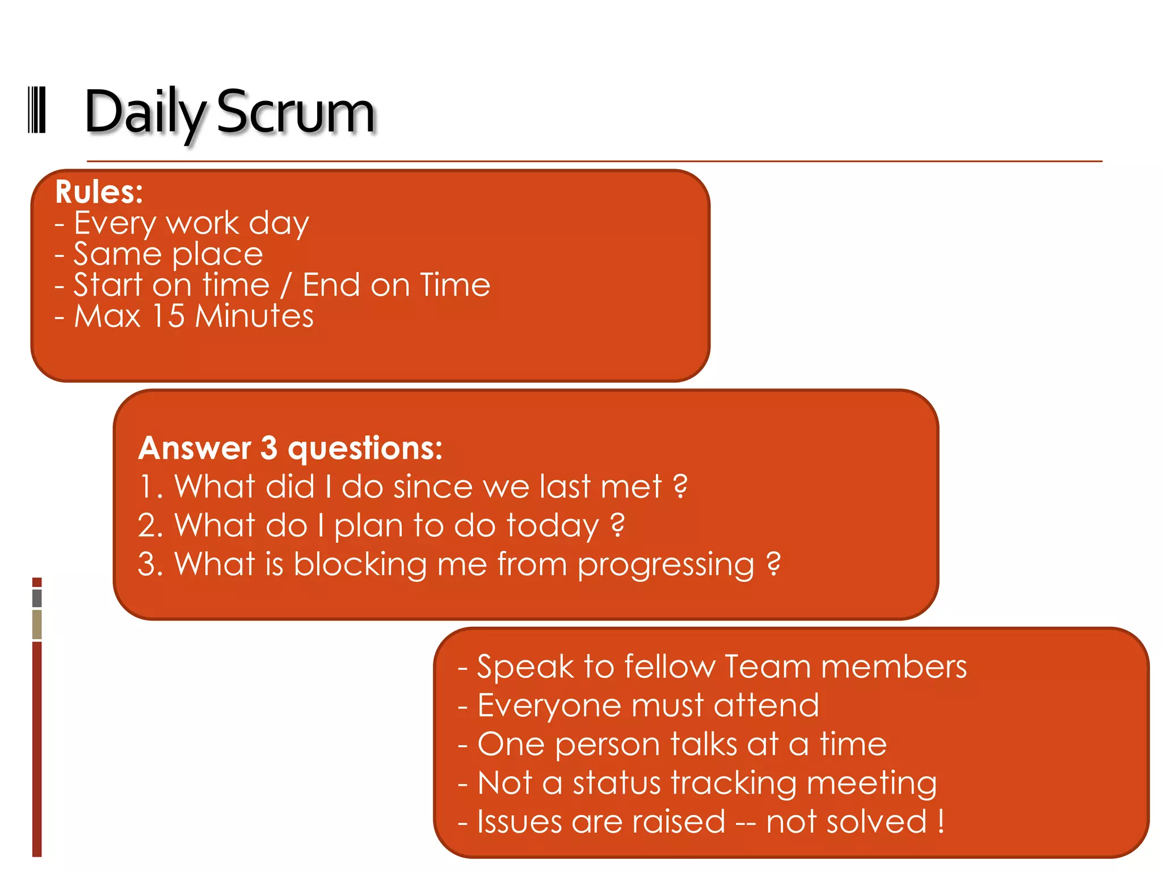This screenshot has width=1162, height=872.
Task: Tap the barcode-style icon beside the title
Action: point(37,110)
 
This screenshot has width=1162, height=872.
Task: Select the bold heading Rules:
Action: point(99,192)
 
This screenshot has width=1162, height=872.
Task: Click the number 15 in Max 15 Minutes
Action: point(169,316)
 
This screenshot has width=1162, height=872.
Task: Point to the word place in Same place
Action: point(217,254)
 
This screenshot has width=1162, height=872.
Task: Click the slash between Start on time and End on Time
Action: point(286,285)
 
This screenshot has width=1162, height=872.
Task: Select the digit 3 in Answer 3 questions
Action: point(269,448)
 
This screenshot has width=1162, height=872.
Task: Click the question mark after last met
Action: point(680,487)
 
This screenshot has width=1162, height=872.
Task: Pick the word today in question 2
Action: point(553,526)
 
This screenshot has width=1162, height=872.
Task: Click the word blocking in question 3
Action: point(360,565)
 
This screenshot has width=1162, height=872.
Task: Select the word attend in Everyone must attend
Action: point(766,706)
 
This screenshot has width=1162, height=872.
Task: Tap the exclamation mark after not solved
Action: point(941,821)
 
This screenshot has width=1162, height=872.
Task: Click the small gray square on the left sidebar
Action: point(37,598)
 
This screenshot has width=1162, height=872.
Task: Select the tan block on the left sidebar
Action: point(37,624)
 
